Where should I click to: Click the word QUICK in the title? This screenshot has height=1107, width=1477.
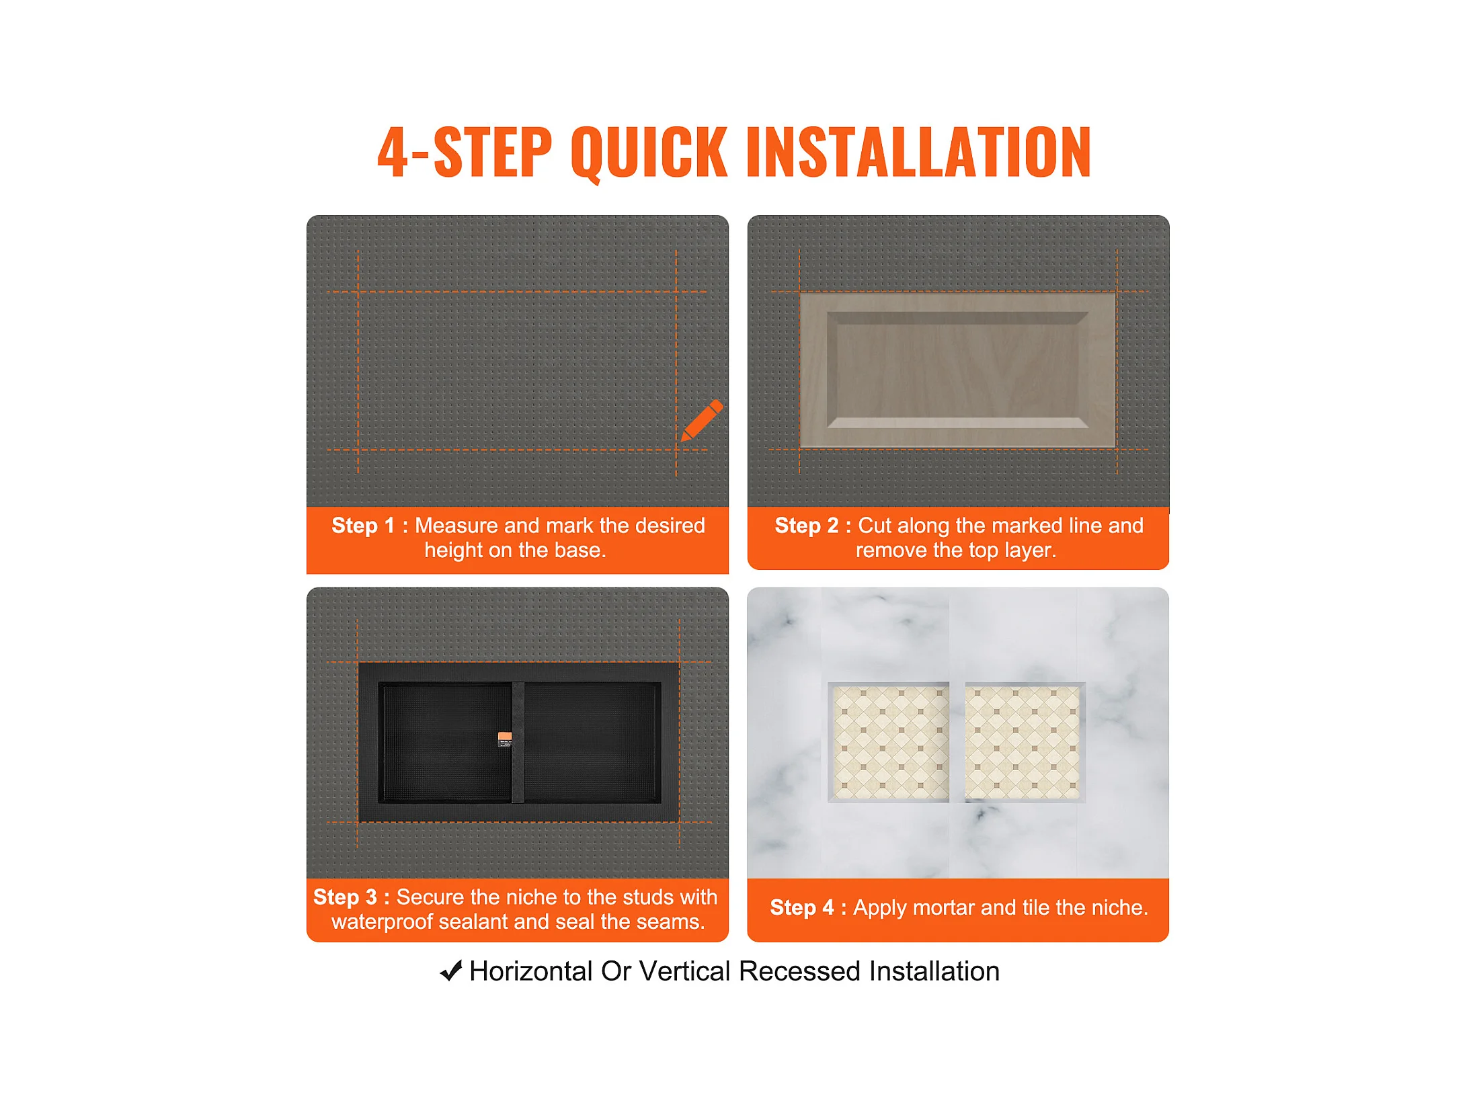click(649, 153)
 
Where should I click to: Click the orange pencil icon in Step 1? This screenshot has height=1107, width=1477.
click(702, 421)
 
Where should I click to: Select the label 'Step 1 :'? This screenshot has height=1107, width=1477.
click(370, 526)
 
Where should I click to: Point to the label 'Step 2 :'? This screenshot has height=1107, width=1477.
click(813, 526)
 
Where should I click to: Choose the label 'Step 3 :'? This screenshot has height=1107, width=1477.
click(352, 897)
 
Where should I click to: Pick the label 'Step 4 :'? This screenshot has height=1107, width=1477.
click(808, 908)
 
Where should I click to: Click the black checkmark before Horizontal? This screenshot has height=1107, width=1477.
click(451, 971)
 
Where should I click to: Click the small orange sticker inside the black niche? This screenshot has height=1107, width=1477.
click(505, 739)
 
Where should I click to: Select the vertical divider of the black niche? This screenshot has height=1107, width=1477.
click(518, 743)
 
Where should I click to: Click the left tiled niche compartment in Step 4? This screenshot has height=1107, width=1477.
click(889, 742)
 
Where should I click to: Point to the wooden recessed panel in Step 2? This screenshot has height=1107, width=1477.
click(957, 370)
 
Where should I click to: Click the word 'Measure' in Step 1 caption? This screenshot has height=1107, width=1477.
click(456, 526)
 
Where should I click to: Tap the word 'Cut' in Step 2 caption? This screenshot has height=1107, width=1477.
click(874, 526)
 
